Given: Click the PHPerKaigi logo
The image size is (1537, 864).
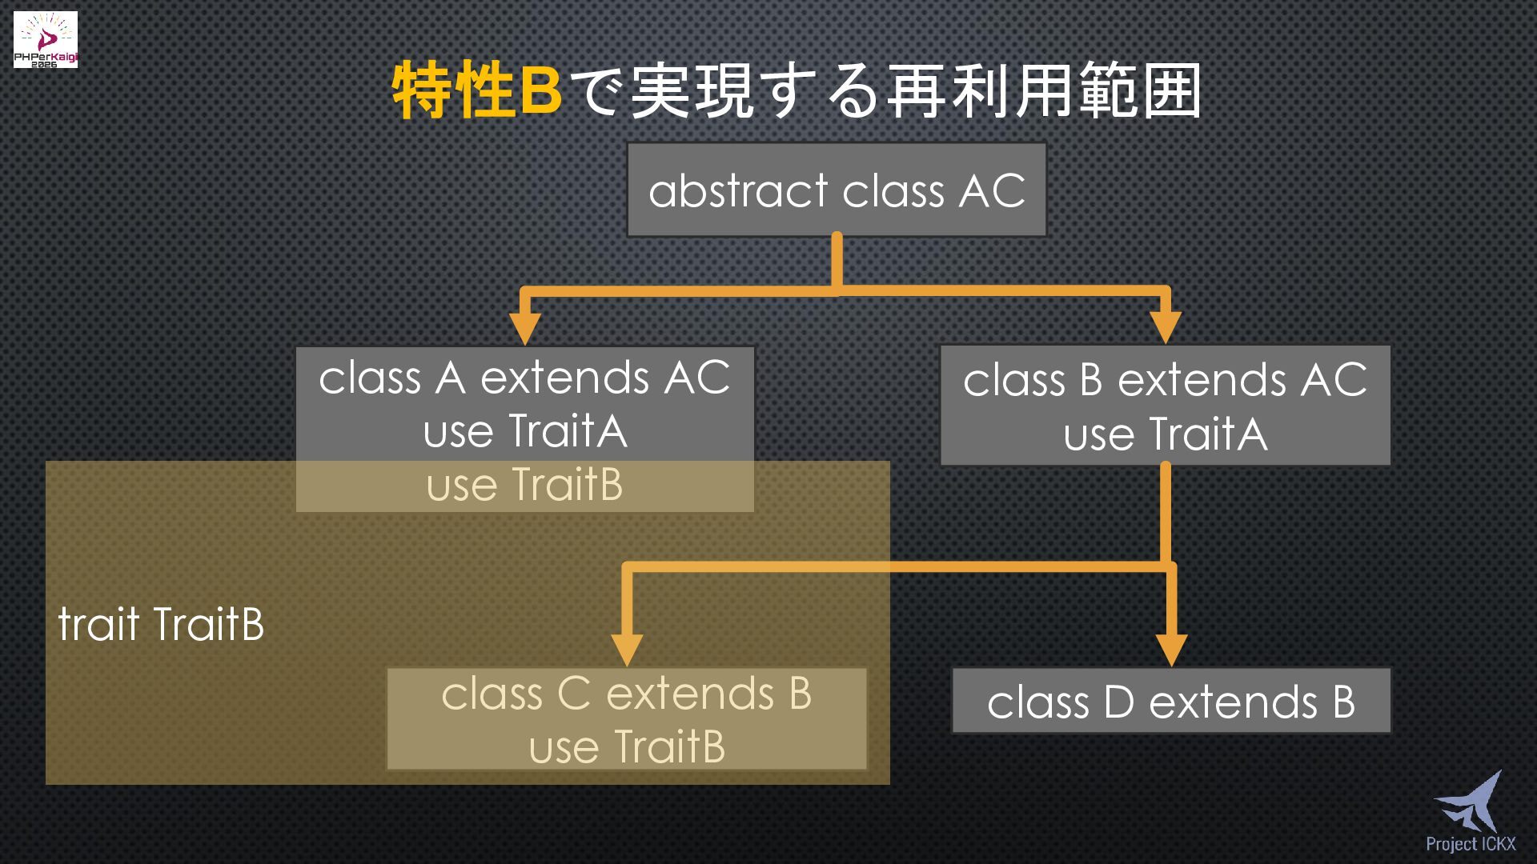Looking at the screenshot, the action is (46, 39).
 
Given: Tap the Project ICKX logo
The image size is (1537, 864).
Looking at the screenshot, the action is (1470, 812).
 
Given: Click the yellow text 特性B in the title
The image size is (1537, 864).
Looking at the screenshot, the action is (477, 90).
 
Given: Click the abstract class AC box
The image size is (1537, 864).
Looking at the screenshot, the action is (837, 190).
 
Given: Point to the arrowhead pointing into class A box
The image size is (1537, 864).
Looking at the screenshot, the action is (524, 326).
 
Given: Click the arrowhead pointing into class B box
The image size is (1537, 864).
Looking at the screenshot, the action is (1166, 326).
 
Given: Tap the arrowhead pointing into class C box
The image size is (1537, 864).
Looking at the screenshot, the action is (627, 648).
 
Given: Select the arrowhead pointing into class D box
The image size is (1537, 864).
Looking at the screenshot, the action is (1171, 648).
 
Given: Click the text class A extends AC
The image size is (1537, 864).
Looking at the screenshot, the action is (524, 378).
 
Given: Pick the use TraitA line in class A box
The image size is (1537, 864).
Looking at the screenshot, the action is (524, 431).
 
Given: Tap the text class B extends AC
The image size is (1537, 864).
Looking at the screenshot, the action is (1166, 380).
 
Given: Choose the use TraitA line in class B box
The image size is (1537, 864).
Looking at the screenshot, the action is (1166, 434).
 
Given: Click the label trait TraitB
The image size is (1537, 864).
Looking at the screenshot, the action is (161, 624).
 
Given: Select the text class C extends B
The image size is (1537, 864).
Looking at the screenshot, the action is (627, 694).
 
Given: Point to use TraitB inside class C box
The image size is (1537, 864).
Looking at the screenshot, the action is (627, 747).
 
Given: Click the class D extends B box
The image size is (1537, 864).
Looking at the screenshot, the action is (1171, 702).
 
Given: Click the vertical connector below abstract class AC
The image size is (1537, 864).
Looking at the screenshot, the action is (837, 260).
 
